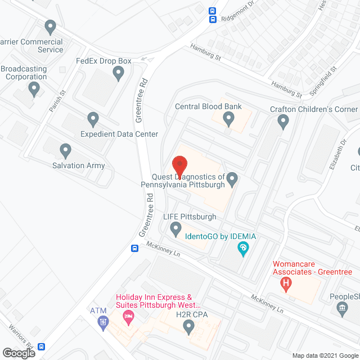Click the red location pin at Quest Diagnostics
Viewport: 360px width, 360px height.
(179, 164)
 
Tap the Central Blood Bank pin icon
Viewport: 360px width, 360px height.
(228, 119)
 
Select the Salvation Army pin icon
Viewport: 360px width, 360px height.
(65, 150)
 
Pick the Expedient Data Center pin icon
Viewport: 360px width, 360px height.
(93, 119)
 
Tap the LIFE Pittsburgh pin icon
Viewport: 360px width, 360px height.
(175, 228)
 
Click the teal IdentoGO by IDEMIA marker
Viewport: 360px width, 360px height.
(243, 248)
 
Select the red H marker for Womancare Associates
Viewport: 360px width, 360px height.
(286, 284)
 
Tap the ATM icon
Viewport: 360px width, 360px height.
(102, 322)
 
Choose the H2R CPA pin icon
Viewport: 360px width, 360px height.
(188, 326)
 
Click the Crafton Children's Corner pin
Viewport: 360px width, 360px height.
(283, 120)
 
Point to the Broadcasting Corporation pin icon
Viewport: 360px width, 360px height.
(34, 88)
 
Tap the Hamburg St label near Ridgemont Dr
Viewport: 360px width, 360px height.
(205, 53)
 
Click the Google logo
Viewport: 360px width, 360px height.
(18, 353)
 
